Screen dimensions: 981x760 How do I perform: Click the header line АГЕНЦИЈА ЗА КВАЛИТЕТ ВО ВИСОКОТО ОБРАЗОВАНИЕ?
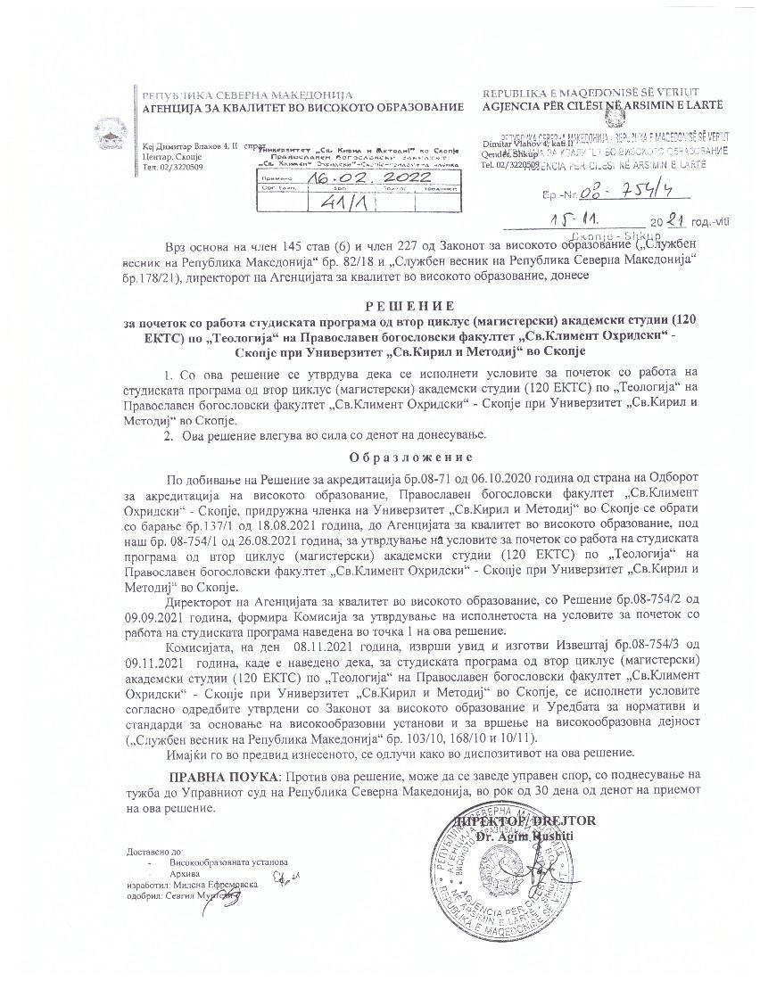coord(297,108)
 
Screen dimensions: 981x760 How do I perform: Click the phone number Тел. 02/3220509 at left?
coord(172,167)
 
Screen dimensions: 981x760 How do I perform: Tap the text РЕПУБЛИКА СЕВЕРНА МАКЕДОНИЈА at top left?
coord(247,95)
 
